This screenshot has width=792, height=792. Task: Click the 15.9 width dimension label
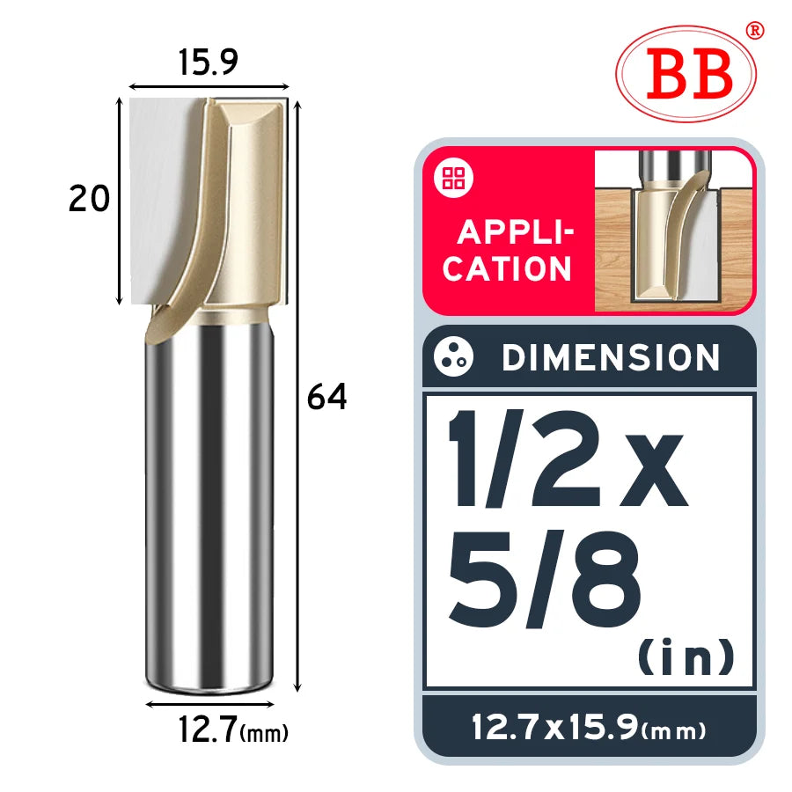pos(208,62)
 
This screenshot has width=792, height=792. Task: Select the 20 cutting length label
pos(89,198)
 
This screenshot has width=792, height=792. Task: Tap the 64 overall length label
pos(326,397)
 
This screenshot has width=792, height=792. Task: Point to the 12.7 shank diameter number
pos(208,730)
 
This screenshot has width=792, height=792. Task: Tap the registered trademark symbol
pos(755,30)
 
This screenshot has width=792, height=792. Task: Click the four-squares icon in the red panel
pos(453,178)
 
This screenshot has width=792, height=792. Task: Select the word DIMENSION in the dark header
pos(610,357)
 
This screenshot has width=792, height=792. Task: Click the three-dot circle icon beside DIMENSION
pos(453,356)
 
